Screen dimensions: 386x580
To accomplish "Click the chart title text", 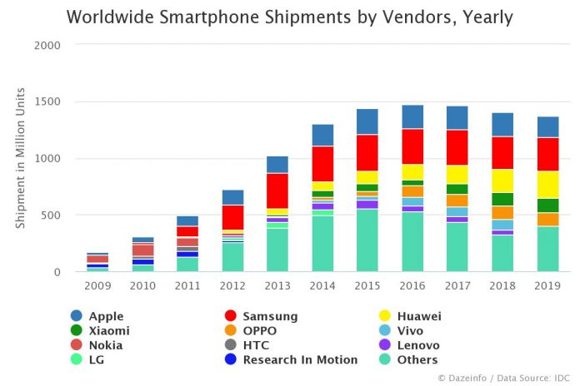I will click(x=289, y=17).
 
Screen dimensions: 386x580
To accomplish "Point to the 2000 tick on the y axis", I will click(x=49, y=46).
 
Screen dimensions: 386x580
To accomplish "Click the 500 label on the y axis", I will click(x=52, y=215).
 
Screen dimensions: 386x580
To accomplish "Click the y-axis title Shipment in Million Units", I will click(x=21, y=158).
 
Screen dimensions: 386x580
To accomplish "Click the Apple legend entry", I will click(x=106, y=316).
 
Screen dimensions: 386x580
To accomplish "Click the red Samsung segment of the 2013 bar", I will click(x=277, y=191).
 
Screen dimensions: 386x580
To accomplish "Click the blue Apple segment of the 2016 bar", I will click(x=412, y=116).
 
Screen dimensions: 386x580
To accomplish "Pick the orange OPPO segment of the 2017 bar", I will click(x=457, y=200).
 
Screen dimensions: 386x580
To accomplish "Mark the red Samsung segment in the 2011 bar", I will click(x=187, y=231).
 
